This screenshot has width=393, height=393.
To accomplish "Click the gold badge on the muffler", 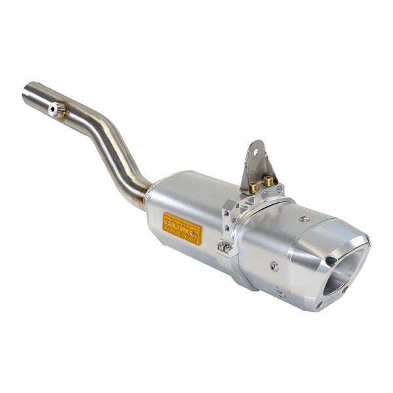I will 181,228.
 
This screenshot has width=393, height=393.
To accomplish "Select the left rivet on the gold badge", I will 168,222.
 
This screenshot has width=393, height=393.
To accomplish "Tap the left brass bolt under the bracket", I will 253,188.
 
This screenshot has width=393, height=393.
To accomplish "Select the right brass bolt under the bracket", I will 267,181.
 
